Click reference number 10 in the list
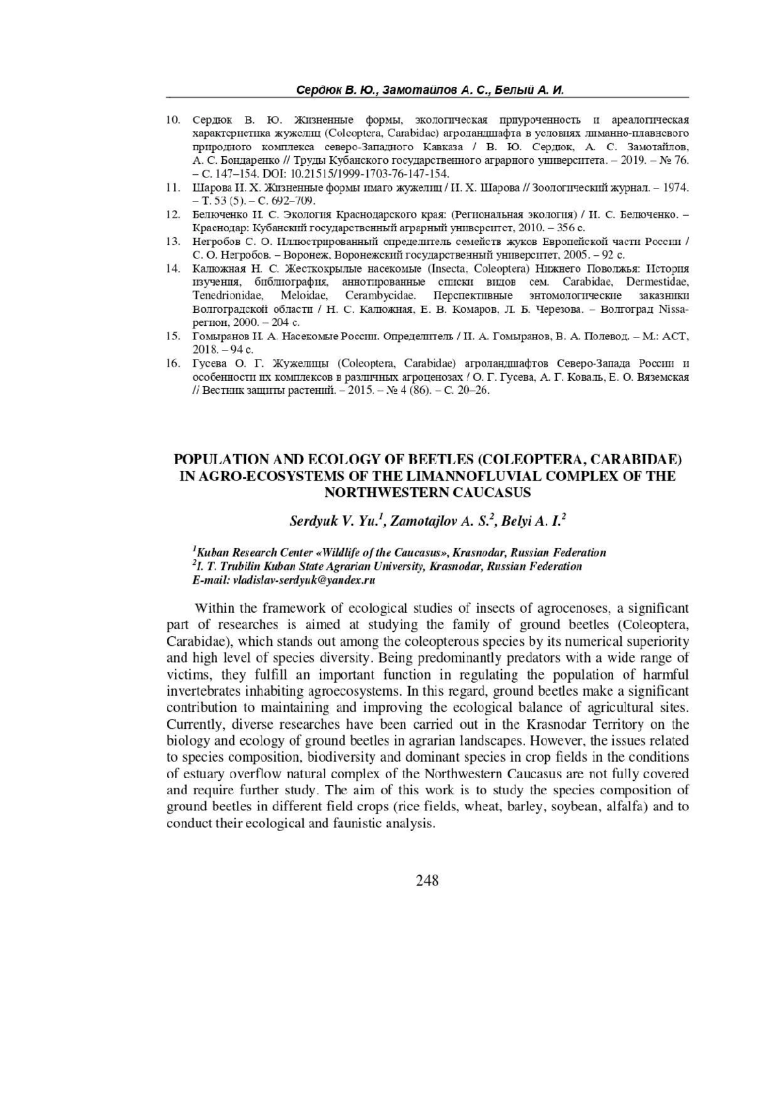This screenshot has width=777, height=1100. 173,120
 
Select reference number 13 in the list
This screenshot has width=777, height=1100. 173,241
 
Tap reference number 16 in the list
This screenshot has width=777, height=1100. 173,363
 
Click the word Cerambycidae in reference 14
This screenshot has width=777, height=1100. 379,295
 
